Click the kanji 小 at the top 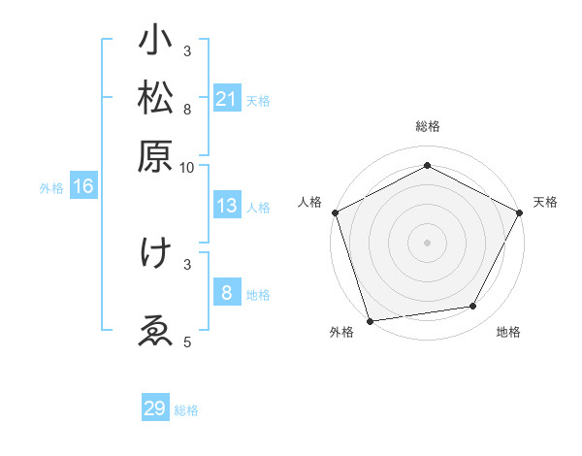[x=155, y=43]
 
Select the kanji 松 [x=155, y=100]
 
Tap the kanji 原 [x=155, y=156]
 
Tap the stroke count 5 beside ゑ [x=187, y=342]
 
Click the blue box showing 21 [x=226, y=99]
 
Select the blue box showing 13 [x=226, y=206]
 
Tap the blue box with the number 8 [x=226, y=292]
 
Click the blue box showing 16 [x=83, y=187]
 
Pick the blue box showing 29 [x=155, y=408]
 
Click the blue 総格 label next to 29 [x=186, y=410]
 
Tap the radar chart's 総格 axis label [x=428, y=126]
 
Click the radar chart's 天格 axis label [x=545, y=202]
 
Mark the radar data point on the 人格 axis [x=335, y=212]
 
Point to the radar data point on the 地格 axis [x=473, y=307]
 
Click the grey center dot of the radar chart [x=428, y=242]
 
